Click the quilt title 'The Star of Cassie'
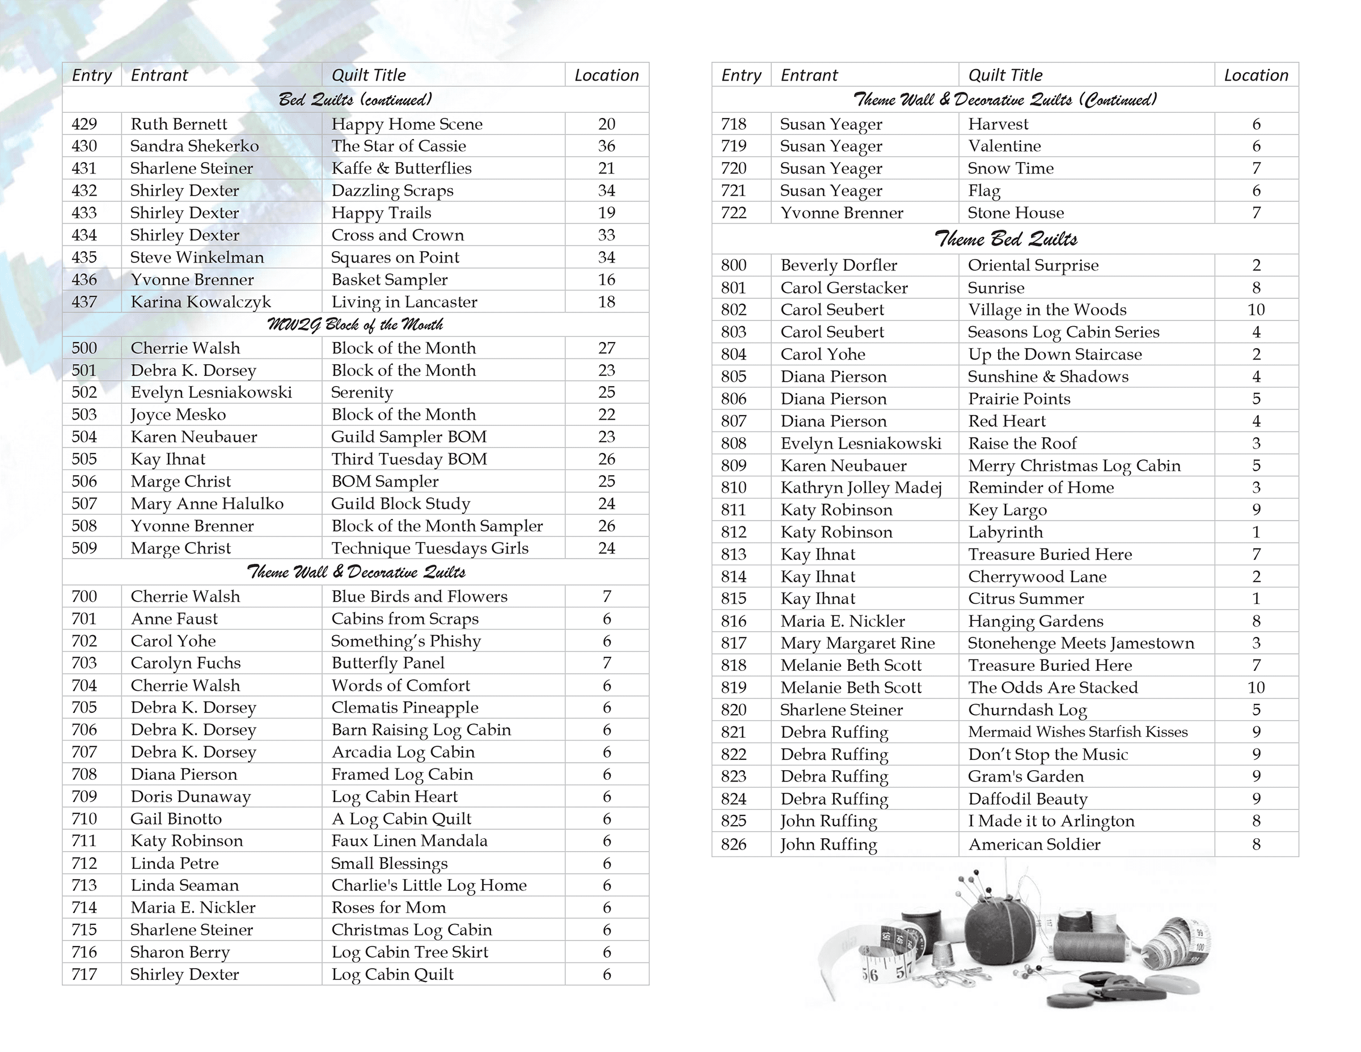pos(398,146)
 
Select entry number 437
pos(84,302)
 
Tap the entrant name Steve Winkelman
pos(197,257)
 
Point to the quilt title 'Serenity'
pos(362,392)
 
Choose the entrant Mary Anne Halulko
pos(207,504)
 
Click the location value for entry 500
pos(606,348)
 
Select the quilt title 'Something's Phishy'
pos(405,641)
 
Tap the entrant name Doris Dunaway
pos(191,796)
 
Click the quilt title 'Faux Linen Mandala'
pos(409,840)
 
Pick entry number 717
pos(84,974)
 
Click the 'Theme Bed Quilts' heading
pos(1005,239)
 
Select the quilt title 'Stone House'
pos(1016,213)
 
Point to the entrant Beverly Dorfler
pos(839,265)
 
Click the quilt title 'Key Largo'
pos(1007,510)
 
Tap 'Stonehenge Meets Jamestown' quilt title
pos(1080,643)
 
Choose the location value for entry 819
pos(1256,687)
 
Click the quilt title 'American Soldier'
pos(1034,844)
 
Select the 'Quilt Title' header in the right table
pos(1004,75)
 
